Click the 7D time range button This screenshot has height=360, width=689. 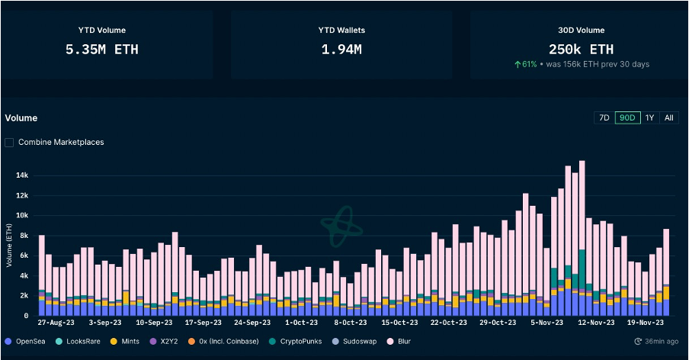click(604, 117)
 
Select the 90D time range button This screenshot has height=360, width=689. click(628, 117)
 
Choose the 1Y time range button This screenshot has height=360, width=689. click(650, 117)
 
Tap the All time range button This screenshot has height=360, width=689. click(668, 117)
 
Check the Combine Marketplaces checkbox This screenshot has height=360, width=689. click(9, 142)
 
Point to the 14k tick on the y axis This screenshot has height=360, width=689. click(23, 175)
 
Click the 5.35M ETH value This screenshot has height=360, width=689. click(102, 50)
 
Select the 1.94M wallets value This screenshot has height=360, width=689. click(341, 50)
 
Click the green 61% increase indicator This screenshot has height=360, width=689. click(525, 64)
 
